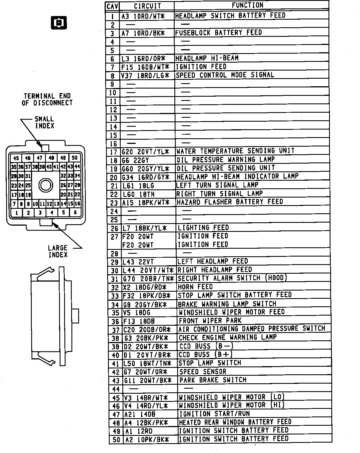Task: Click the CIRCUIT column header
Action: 147,6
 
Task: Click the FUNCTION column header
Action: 247,5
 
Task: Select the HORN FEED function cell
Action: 195,287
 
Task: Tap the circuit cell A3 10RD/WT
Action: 143,16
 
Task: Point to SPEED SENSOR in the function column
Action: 202,372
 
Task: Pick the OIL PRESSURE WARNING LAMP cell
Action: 226,160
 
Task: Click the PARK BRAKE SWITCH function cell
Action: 213,380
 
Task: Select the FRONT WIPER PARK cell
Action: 210,321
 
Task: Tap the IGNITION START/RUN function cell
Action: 215,414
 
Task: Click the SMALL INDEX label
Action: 44,123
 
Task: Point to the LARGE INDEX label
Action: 58,251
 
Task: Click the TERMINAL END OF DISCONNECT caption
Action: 47,99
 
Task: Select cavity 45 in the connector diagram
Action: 16,158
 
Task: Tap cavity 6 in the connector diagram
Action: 75,212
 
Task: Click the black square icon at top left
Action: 59,22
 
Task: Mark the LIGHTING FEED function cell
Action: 203,228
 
